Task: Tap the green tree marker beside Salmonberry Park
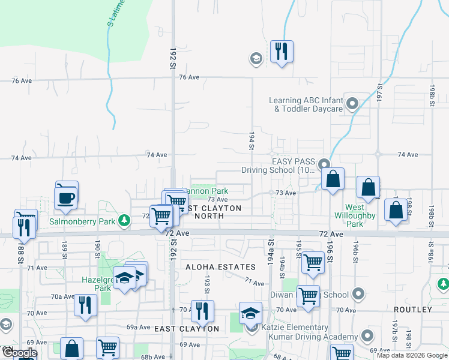[124, 221]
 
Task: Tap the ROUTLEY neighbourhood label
[412, 310]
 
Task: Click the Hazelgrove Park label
[97, 284]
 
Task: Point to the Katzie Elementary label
[295, 328]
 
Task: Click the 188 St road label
[20, 248]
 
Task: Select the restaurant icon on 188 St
[23, 227]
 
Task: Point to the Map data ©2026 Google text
[411, 355]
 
